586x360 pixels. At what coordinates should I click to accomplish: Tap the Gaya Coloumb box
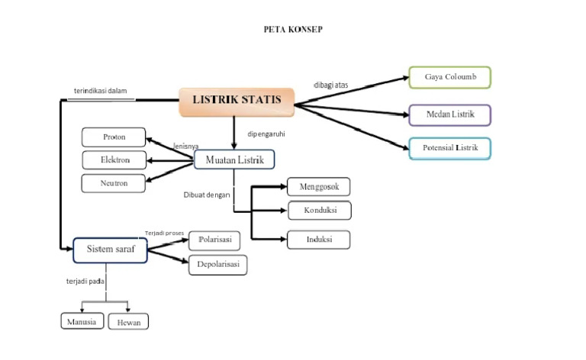[x=449, y=78]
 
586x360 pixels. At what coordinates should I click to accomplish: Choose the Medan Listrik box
[x=449, y=114]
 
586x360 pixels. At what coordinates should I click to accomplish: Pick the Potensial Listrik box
[x=449, y=148]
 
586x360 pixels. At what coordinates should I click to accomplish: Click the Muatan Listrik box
[x=234, y=159]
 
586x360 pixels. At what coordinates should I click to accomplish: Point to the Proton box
[x=114, y=137]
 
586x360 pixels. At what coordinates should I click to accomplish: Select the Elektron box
[x=114, y=160]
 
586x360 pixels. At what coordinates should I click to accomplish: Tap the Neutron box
[x=114, y=183]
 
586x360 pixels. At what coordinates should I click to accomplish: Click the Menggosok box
[x=319, y=187]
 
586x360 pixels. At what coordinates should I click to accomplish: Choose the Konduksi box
[x=319, y=210]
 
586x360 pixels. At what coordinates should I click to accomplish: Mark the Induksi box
[x=319, y=239]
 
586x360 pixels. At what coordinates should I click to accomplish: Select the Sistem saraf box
[x=111, y=250]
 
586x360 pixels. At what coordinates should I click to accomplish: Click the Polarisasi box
[x=214, y=239]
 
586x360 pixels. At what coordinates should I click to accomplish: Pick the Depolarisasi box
[x=217, y=264]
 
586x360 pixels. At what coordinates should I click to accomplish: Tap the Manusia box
[x=82, y=321]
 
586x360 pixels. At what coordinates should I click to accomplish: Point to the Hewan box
[x=128, y=322]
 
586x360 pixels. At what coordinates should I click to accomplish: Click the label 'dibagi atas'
[x=330, y=85]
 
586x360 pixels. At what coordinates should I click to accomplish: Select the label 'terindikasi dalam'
[x=100, y=91]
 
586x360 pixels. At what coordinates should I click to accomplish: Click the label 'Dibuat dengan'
[x=207, y=194]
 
